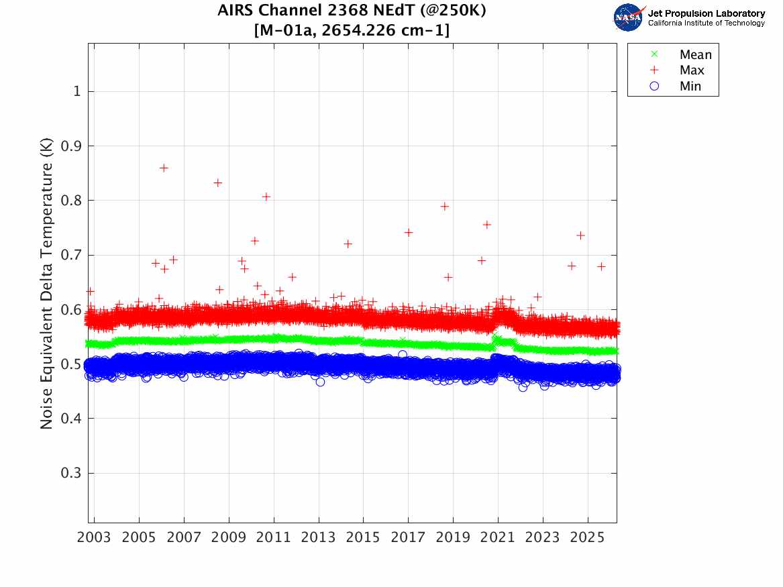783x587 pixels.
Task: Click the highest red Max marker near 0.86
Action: click(x=164, y=168)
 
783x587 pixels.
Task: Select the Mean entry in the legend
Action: click(x=695, y=55)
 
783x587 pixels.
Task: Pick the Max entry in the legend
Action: click(x=692, y=70)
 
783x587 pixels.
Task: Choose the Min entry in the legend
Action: click(x=690, y=86)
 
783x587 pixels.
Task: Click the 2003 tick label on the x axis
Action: click(x=95, y=538)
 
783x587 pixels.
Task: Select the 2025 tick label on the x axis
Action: click(x=588, y=538)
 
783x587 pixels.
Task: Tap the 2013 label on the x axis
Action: click(x=319, y=538)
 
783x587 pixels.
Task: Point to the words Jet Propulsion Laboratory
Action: click(x=706, y=13)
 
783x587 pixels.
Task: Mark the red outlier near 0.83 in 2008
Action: click(x=217, y=182)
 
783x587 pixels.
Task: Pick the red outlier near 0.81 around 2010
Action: click(x=266, y=197)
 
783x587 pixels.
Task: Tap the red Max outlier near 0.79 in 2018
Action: click(x=443, y=206)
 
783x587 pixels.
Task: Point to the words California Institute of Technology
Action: click(x=706, y=23)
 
